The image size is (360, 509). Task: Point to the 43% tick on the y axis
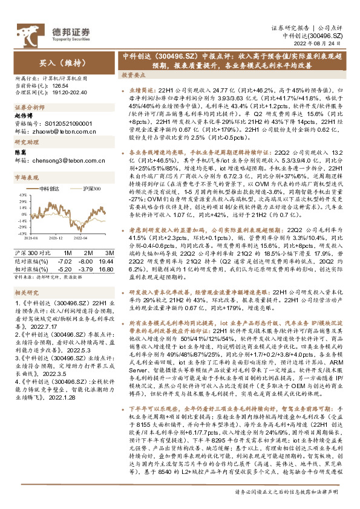point(22,194)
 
